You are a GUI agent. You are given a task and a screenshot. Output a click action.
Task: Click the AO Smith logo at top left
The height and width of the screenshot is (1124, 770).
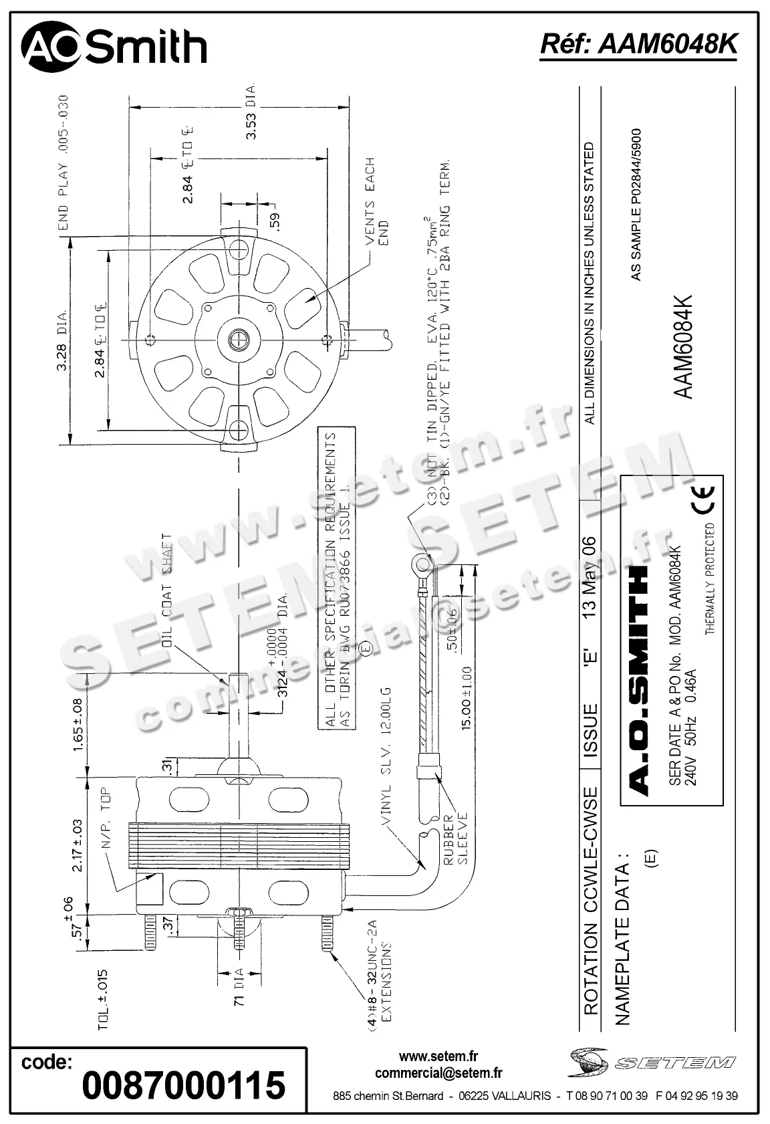click(114, 47)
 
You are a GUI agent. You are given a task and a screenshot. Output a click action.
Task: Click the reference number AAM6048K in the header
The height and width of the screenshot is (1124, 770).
click(638, 45)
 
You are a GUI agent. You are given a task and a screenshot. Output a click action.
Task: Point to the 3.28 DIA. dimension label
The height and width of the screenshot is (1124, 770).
click(61, 340)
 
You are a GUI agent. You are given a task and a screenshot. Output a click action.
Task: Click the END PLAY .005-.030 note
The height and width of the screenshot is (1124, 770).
click(63, 162)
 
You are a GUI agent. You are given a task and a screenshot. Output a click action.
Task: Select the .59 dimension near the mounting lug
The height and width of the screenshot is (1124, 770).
click(275, 221)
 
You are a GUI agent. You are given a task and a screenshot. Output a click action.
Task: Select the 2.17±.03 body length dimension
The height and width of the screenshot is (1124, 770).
click(78, 845)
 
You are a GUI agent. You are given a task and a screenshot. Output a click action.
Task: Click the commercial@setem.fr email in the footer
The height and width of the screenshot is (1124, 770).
click(438, 1073)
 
